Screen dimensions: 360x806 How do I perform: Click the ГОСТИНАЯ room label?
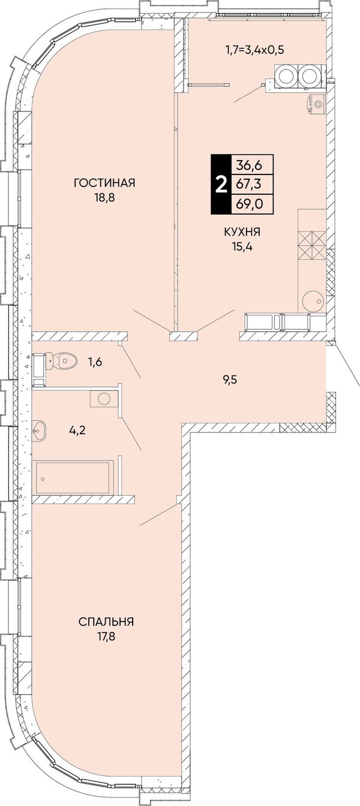pos(104,183)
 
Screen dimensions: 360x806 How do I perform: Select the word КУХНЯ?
pos(242,232)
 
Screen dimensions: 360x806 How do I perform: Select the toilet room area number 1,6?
pos(95,361)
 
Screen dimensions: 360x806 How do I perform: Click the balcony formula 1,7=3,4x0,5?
pos(255,49)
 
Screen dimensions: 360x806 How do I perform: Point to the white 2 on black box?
pos(220,185)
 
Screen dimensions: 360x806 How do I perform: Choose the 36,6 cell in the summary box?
pos(249,165)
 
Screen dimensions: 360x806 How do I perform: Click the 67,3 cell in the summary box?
pos(249,185)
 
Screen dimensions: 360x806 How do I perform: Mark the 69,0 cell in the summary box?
pos(249,204)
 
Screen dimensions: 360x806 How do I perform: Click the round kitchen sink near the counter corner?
pos(313,300)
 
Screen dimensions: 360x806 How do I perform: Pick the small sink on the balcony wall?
pos(316,104)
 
